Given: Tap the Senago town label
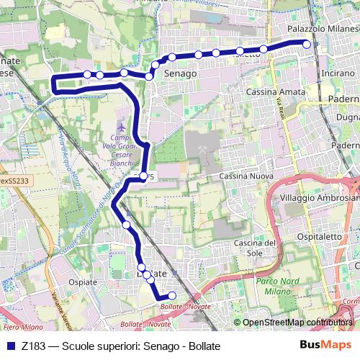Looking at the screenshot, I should point(180,73).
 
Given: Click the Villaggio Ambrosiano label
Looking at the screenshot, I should point(318,198).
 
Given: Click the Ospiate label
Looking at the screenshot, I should point(81,282).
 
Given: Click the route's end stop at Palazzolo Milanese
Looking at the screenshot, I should point(307,44).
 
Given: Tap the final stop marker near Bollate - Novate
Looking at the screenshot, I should point(171,295).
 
